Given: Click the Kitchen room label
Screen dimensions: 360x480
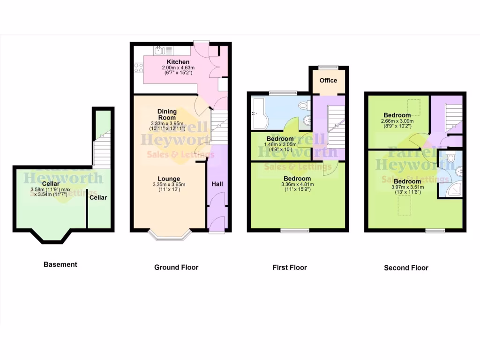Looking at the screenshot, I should (178, 62).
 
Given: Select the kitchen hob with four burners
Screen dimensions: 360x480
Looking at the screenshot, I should (139, 68).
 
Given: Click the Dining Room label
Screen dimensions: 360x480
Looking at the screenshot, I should (167, 114).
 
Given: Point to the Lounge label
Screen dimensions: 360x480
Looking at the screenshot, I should (169, 179).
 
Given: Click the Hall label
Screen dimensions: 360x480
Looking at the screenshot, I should (217, 184).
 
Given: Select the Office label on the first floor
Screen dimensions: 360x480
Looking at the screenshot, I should (328, 80).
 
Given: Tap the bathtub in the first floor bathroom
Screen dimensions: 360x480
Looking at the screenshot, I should (259, 112).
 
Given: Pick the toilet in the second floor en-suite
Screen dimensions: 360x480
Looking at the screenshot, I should (451, 157).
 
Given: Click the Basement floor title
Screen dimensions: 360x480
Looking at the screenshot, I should (60, 264).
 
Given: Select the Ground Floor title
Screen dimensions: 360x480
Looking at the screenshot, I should (176, 267).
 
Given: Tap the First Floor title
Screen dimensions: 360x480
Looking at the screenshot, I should (290, 267).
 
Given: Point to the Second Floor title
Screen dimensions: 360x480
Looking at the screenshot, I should (406, 268).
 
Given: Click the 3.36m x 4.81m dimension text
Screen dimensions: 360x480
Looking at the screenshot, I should (297, 185).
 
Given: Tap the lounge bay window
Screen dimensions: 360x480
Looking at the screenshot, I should (170, 236).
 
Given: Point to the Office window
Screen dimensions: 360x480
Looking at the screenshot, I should (328, 67).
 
